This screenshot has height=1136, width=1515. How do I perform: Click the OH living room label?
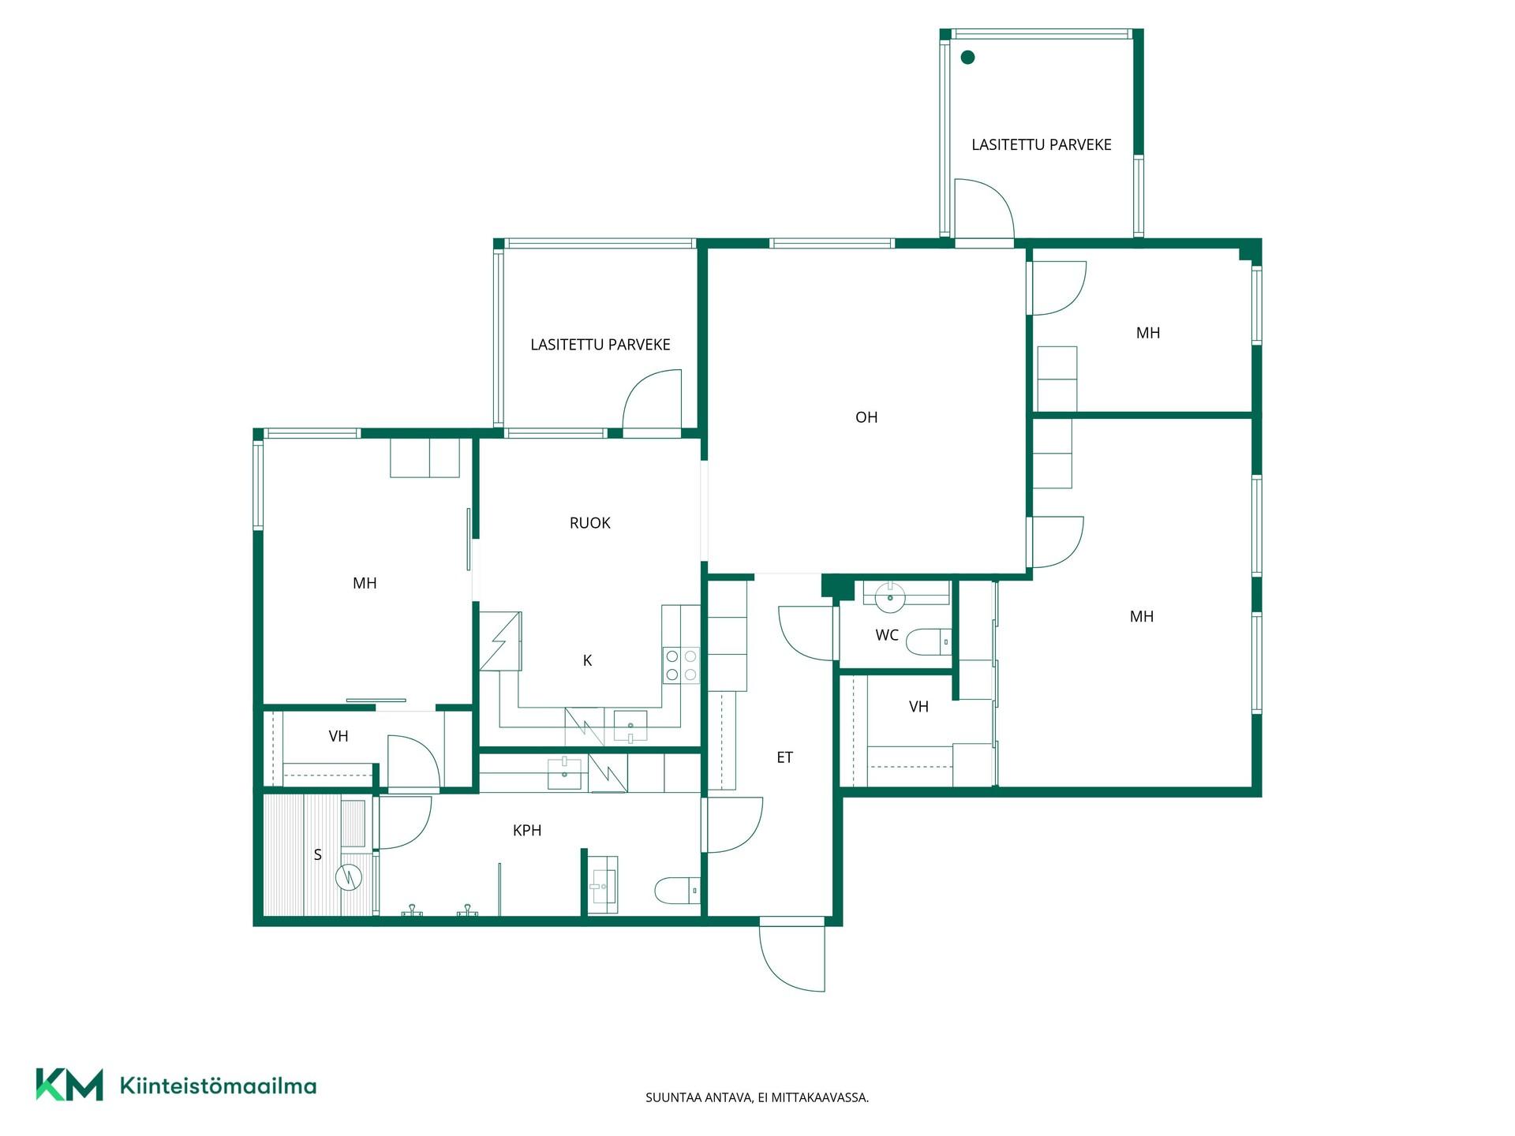[x=866, y=417]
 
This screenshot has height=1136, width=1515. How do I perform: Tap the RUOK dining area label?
[x=590, y=523]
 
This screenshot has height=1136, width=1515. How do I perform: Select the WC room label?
[x=887, y=635]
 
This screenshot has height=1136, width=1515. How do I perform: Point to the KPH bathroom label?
[x=527, y=830]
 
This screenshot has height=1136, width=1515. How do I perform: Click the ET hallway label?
[x=784, y=757]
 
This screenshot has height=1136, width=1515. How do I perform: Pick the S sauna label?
[x=318, y=854]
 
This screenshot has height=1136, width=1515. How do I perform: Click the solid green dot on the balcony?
[x=967, y=57]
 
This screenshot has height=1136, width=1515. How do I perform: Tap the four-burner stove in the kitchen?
[x=681, y=664]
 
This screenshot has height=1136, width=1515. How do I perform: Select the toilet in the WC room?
[x=928, y=642]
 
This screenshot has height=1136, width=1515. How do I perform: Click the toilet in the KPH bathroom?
[x=677, y=891]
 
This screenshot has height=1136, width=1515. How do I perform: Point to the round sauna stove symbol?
[x=349, y=876]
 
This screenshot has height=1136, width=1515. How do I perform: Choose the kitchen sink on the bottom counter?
[x=630, y=726]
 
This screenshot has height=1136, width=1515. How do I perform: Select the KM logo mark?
[x=69, y=1085]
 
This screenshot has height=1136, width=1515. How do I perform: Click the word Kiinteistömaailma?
[x=218, y=1086]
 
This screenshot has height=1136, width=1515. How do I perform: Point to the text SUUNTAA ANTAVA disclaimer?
[x=757, y=1097]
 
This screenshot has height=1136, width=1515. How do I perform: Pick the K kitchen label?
[x=587, y=661]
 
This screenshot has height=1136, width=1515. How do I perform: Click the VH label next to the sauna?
[x=339, y=737]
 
